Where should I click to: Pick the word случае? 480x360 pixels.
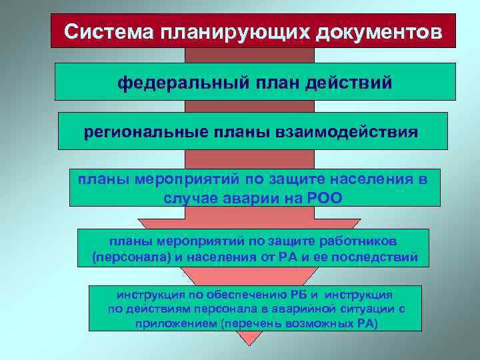[x=192, y=198]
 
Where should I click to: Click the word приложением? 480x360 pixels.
[x=168, y=324]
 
